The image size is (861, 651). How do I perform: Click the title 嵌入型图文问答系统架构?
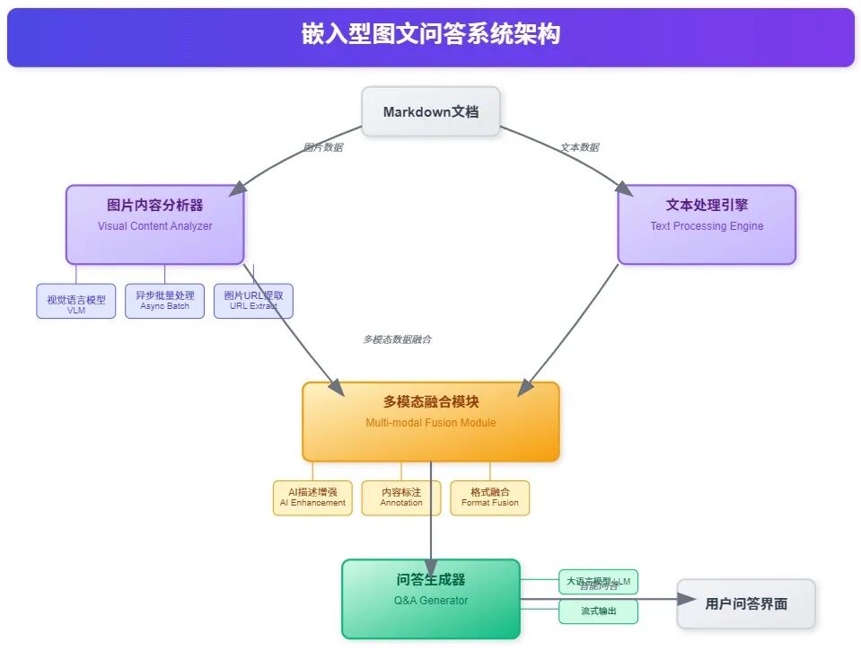pyautogui.click(x=430, y=35)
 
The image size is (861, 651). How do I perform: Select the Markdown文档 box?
pyautogui.click(x=430, y=112)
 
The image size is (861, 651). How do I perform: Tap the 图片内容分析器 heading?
pyautogui.click(x=154, y=206)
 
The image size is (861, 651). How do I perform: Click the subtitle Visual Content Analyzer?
pyautogui.click(x=154, y=226)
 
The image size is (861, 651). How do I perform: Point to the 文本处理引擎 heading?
pyautogui.click(x=707, y=206)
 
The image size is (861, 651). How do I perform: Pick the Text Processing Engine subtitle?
pyautogui.click(x=707, y=226)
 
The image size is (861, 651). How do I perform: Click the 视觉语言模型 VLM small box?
pyautogui.click(x=76, y=302)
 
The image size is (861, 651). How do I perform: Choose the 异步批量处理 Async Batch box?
pyautogui.click(x=164, y=301)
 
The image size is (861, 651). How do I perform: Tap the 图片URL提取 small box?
pyautogui.click(x=253, y=301)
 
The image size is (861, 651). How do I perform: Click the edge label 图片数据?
pyautogui.click(x=323, y=147)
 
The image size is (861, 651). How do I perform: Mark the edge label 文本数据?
pyautogui.click(x=579, y=147)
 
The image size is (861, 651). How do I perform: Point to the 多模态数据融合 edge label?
pyautogui.click(x=397, y=339)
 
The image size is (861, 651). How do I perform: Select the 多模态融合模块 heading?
pyautogui.click(x=430, y=402)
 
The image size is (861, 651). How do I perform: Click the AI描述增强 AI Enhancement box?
pyautogui.click(x=312, y=497)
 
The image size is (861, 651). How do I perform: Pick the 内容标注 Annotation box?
pyautogui.click(x=400, y=497)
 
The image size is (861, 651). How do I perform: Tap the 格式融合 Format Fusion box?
pyautogui.click(x=489, y=497)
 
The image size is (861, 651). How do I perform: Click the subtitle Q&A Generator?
pyautogui.click(x=431, y=601)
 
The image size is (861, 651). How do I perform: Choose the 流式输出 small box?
pyautogui.click(x=598, y=612)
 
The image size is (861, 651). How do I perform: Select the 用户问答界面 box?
pyautogui.click(x=746, y=603)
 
